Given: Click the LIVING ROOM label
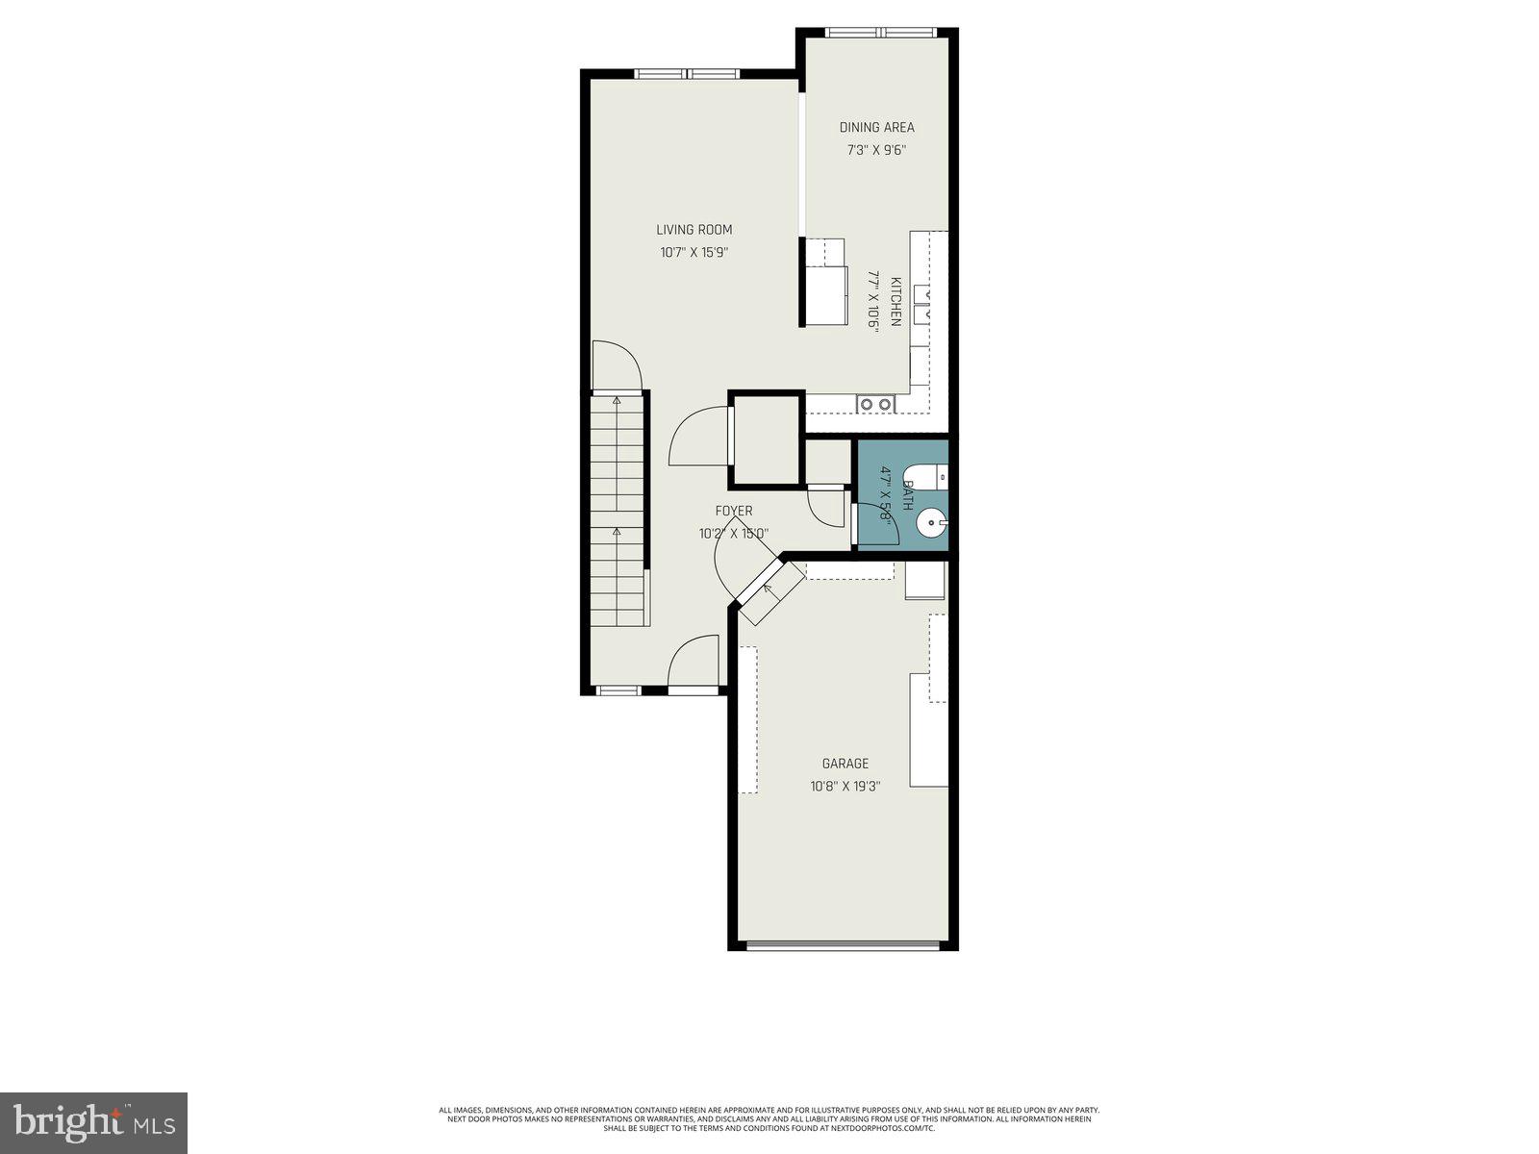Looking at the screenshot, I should (x=694, y=230).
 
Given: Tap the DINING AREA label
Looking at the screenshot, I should (x=876, y=127).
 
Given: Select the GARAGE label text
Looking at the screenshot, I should (x=845, y=764).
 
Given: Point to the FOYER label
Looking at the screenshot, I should (x=733, y=511).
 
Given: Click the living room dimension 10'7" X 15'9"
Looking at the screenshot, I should (x=694, y=253).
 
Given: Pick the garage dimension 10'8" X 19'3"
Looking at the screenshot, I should (x=845, y=786).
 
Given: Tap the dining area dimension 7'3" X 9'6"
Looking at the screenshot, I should (x=876, y=150).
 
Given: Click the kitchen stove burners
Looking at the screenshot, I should (x=875, y=405).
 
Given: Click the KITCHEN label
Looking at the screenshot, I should (x=896, y=302).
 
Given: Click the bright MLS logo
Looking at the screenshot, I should (x=93, y=1121).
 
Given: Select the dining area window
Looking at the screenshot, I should (x=882, y=33).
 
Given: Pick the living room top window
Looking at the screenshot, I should (x=687, y=73).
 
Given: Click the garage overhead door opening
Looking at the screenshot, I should (x=843, y=945).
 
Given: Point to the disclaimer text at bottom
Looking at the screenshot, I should (x=769, y=1119).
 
